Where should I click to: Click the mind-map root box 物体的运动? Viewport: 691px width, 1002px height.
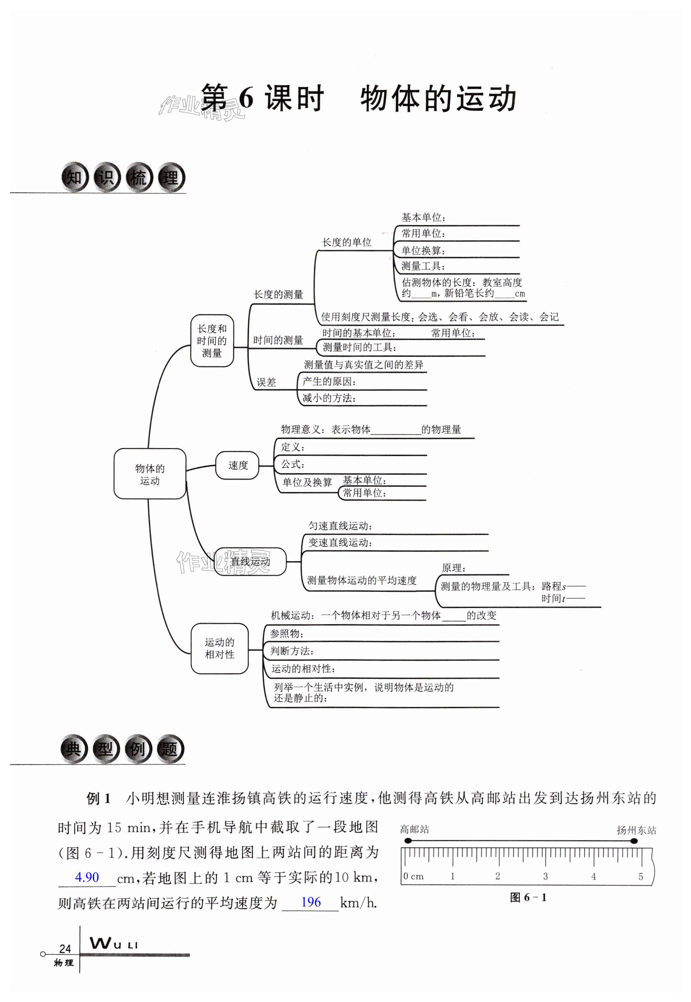(x=150, y=474)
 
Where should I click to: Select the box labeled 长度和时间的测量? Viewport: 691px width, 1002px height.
(x=212, y=341)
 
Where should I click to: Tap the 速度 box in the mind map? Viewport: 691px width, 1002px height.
(x=238, y=466)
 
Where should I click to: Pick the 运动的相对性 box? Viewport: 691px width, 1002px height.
(x=219, y=648)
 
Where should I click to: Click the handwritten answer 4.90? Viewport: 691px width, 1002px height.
(x=87, y=878)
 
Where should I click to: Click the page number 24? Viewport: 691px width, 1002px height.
(x=65, y=949)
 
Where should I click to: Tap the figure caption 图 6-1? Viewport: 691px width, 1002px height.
(x=528, y=898)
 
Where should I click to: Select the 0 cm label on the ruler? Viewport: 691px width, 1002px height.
(x=413, y=876)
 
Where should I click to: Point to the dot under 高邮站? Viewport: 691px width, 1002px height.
(x=408, y=841)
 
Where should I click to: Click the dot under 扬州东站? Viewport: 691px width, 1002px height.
(x=634, y=841)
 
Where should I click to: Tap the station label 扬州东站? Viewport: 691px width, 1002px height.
(x=636, y=830)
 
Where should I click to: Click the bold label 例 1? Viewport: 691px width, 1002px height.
(x=99, y=798)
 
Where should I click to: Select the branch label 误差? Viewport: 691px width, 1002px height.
(x=266, y=382)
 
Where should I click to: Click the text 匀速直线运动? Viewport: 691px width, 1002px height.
(x=340, y=526)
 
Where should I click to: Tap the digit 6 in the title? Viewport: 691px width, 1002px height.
(x=245, y=99)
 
